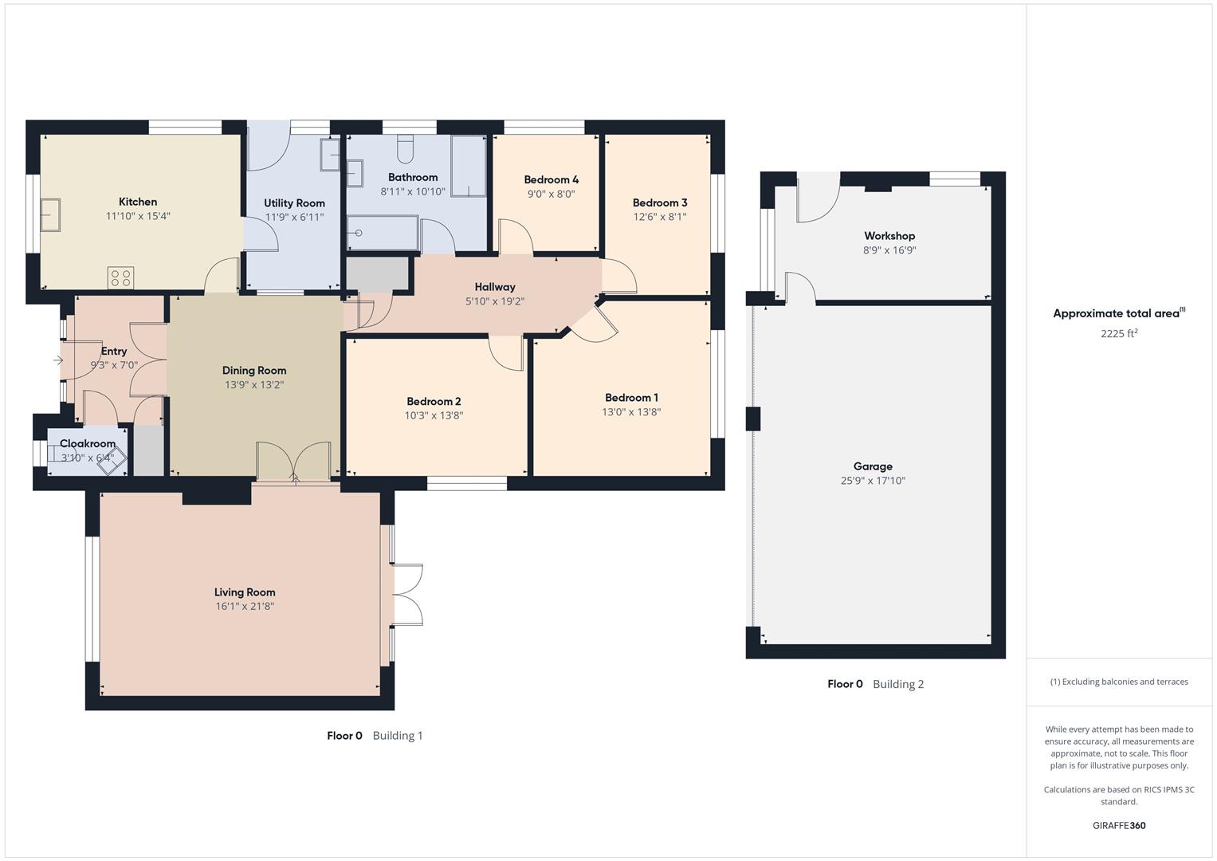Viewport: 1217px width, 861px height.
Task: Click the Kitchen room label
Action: pos(138,202)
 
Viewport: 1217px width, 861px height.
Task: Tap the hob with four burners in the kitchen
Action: pos(121,277)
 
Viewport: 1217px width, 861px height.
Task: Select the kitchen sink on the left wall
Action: pos(50,214)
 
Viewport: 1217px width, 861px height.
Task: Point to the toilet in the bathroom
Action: pos(405,148)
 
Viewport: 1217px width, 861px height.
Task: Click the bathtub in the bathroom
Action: pos(382,233)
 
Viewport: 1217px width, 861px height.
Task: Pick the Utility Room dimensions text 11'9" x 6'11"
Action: pos(294,217)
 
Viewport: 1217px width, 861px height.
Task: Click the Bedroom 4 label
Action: pos(551,179)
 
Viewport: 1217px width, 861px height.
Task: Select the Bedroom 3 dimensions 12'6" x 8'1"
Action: pos(660,217)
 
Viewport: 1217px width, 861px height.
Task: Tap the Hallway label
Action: pos(495,287)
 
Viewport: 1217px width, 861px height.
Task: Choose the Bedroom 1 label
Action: pos(631,398)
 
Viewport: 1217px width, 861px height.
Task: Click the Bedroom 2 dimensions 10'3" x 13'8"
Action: pos(434,415)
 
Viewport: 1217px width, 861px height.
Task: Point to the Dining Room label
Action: pos(254,371)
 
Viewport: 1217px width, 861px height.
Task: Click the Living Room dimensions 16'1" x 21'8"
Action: pos(245,607)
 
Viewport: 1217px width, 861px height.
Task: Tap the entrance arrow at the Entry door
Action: pos(58,360)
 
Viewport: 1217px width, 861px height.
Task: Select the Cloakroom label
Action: pos(88,443)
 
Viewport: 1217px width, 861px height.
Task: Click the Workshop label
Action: pos(889,236)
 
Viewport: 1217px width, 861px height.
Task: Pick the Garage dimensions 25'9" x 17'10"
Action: pos(873,481)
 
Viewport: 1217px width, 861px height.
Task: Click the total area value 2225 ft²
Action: pos(1119,334)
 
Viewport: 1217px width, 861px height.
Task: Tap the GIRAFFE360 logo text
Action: pos(1119,825)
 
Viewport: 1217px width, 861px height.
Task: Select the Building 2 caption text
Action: pos(898,684)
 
